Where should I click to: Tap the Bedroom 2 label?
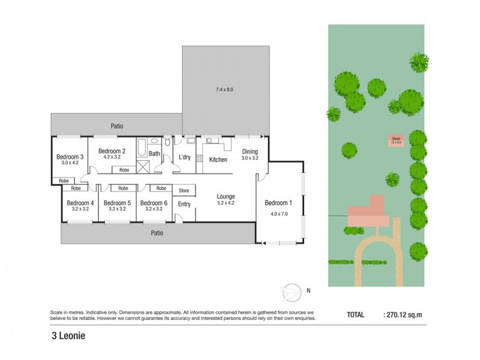pos(112,151)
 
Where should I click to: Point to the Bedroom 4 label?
pos(80,203)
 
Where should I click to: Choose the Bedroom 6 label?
pos(153,203)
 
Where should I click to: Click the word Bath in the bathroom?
pos(154,154)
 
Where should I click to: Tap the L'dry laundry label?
pos(185,157)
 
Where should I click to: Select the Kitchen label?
pos(218,160)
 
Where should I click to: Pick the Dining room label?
pos(250,151)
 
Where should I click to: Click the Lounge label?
pos(226,196)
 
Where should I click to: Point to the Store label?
pos(184,191)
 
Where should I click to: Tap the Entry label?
pos(184,205)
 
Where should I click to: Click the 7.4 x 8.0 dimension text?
pos(224,89)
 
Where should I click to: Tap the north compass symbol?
pos(292,290)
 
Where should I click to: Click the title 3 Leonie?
pos(68,336)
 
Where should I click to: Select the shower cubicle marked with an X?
pos(143,167)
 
